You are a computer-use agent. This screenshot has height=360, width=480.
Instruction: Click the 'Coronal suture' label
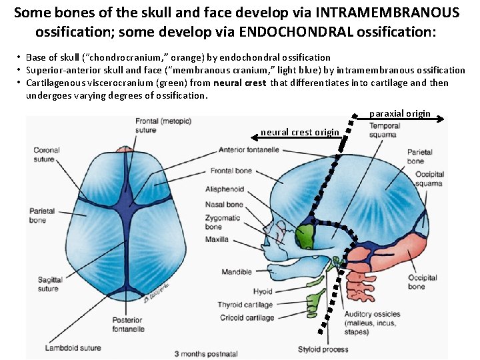(x=47, y=155)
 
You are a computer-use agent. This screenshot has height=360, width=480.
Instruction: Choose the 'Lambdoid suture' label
(x=73, y=347)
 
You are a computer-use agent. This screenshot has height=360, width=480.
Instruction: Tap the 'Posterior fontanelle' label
(x=128, y=324)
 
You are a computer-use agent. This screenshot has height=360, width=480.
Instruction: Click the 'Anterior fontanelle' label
(x=248, y=149)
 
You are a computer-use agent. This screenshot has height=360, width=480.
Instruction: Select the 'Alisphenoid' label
(x=225, y=189)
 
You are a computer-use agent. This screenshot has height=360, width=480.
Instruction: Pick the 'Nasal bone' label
(x=225, y=205)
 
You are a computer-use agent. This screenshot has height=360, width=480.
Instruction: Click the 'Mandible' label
(x=237, y=272)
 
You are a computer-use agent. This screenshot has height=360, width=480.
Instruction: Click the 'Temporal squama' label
(x=385, y=131)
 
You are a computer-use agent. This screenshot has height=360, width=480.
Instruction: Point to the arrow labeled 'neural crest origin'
(x=297, y=137)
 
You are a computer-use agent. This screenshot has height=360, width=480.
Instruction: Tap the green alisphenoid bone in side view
(x=305, y=235)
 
